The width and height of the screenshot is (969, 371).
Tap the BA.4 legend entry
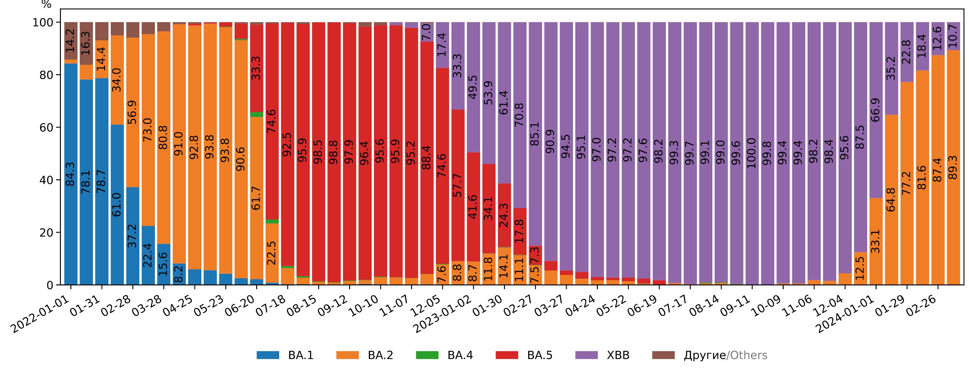(x=444, y=355)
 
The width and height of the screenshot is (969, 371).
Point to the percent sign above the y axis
(x=46, y=4)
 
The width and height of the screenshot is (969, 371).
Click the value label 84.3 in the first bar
(x=70, y=174)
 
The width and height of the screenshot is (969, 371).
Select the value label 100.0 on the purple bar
(x=752, y=153)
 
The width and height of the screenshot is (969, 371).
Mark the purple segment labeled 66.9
(x=876, y=110)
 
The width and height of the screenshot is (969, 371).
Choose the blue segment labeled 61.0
(x=117, y=204)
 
